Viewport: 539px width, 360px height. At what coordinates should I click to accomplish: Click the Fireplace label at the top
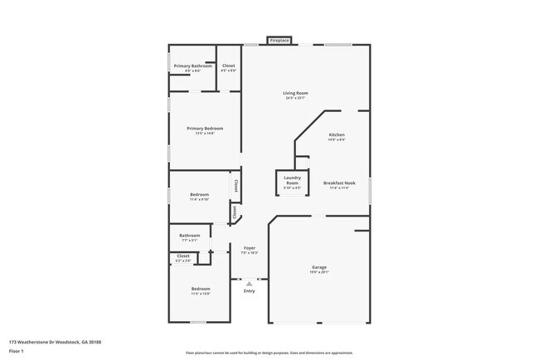pos(279,40)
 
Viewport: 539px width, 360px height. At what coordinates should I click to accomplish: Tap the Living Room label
pos(296,94)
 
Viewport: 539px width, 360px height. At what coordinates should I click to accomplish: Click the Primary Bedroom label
pos(205,129)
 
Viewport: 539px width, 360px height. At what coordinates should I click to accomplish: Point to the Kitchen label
pos(337,134)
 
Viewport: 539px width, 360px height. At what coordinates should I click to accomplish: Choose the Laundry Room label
pos(292,180)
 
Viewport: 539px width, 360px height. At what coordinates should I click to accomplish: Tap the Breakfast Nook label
pos(340,182)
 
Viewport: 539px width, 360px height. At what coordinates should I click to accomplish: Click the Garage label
pos(319,267)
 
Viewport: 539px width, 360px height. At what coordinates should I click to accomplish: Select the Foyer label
pos(249,247)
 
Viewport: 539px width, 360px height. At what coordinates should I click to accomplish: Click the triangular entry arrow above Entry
pos(249,284)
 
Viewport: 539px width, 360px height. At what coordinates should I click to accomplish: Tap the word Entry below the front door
pos(249,291)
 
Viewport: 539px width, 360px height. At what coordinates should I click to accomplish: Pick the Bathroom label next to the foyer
pos(190,235)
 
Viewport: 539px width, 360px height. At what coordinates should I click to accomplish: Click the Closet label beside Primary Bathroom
pos(229,66)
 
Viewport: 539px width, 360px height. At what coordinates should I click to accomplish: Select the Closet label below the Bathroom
pos(183,255)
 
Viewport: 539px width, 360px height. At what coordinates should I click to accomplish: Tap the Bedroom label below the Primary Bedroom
pos(199,194)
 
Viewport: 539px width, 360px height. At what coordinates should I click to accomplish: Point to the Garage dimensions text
pos(319,272)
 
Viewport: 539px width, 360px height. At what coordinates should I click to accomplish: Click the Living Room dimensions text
pos(296,99)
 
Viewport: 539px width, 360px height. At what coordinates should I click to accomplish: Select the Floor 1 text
pos(15,351)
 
